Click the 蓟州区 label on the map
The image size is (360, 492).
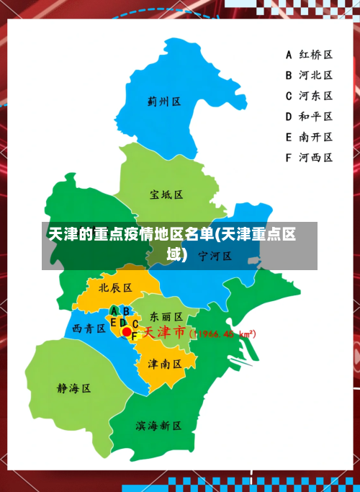point(163,102)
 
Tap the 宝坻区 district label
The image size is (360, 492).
point(166,194)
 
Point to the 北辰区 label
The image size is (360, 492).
point(115,287)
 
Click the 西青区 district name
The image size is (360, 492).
point(89,328)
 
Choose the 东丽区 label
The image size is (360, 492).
point(166,317)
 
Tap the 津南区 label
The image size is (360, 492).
point(165,364)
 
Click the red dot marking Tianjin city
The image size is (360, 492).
point(127,332)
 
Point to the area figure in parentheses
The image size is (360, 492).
point(222,334)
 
